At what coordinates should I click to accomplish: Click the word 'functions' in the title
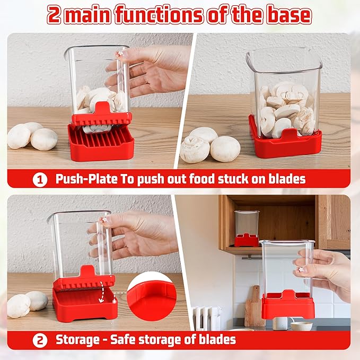click(159, 14)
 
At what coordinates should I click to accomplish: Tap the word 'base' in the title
click(288, 14)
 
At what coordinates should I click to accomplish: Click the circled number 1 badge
click(40, 179)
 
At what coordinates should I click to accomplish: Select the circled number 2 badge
click(40, 340)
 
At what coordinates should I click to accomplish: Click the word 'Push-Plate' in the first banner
click(86, 179)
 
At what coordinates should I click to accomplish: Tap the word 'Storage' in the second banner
click(78, 340)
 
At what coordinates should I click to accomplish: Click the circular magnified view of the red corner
click(152, 296)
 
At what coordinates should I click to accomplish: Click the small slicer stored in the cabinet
click(247, 229)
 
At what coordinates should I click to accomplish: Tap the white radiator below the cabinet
click(206, 318)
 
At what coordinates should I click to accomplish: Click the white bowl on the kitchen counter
click(302, 326)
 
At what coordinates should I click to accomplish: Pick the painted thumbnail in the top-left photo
click(119, 54)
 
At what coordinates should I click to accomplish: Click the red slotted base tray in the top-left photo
click(101, 142)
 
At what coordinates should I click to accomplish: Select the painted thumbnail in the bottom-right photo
click(301, 269)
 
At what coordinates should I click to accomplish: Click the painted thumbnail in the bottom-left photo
click(104, 219)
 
